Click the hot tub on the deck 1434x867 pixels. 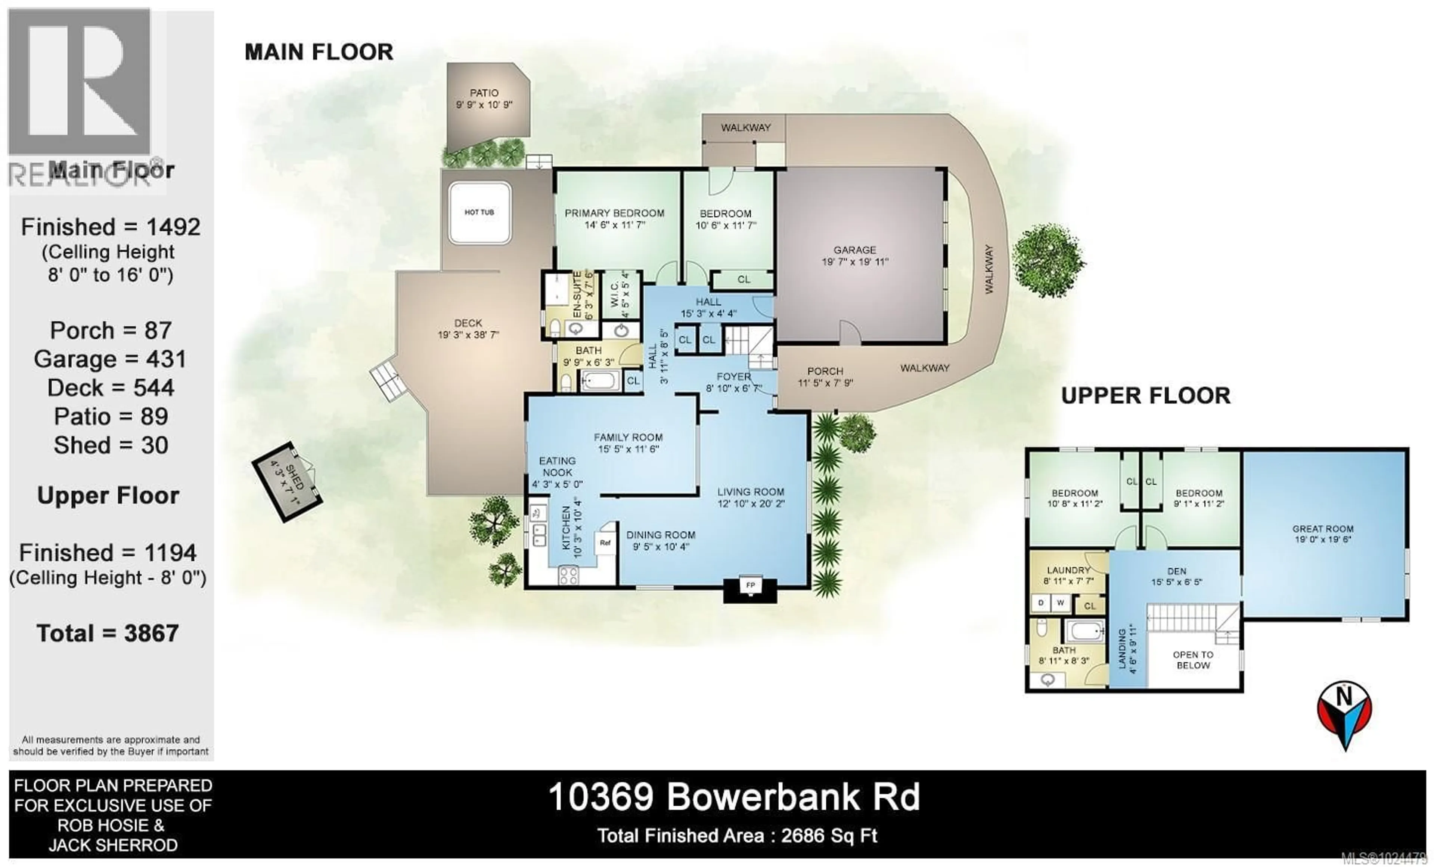click(x=479, y=213)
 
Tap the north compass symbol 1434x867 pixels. click(x=1344, y=713)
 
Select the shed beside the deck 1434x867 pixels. click(x=288, y=482)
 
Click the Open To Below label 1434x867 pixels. click(x=1193, y=660)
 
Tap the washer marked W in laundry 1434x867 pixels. click(x=1060, y=603)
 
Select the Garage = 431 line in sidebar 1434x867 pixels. click(x=111, y=359)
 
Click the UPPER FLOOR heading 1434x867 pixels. click(x=1145, y=396)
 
